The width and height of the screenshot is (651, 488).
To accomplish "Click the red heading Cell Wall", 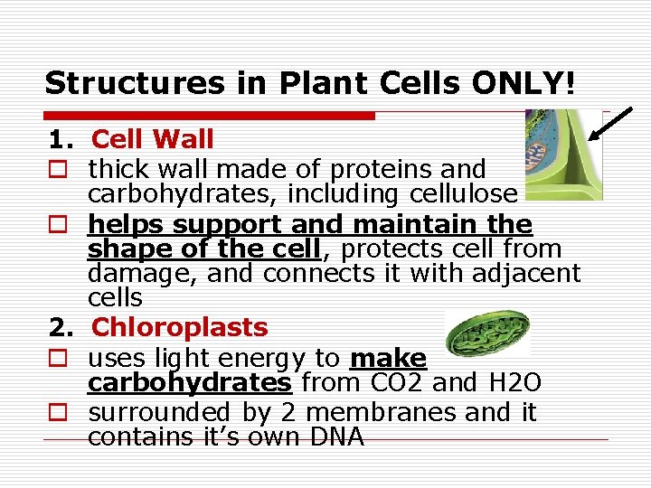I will click(x=153, y=139).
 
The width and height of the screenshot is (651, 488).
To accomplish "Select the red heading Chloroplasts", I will click(x=180, y=327).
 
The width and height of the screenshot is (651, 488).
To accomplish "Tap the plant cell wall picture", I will click(x=562, y=154).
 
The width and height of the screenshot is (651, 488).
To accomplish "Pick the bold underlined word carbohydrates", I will click(x=189, y=382).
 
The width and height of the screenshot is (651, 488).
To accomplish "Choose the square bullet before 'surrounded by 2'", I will click(x=58, y=414).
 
